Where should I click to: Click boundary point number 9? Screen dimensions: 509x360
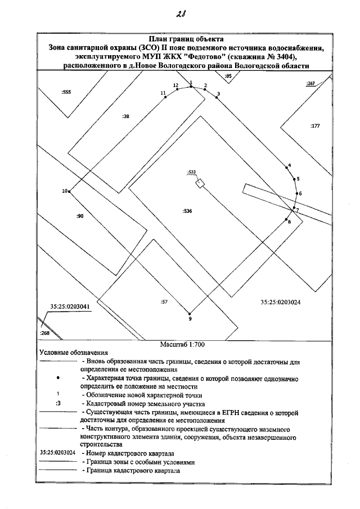pyautogui.click(x=190, y=313)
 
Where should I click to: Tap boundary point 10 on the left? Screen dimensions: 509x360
pyautogui.click(x=69, y=192)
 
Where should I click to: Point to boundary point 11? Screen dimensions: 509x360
pyautogui.click(x=165, y=97)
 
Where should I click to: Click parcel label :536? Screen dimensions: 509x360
pyautogui.click(x=187, y=211)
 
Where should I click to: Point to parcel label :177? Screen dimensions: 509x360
pyautogui.click(x=315, y=126)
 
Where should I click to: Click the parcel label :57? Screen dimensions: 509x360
pyautogui.click(x=164, y=302)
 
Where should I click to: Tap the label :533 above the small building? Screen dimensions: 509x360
pyautogui.click(x=191, y=172)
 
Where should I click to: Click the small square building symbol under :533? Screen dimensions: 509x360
pyautogui.click(x=199, y=183)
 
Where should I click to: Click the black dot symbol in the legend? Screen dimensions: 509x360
pyautogui.click(x=58, y=380)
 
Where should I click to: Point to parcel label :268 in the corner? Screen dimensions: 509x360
pyautogui.click(x=45, y=334)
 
